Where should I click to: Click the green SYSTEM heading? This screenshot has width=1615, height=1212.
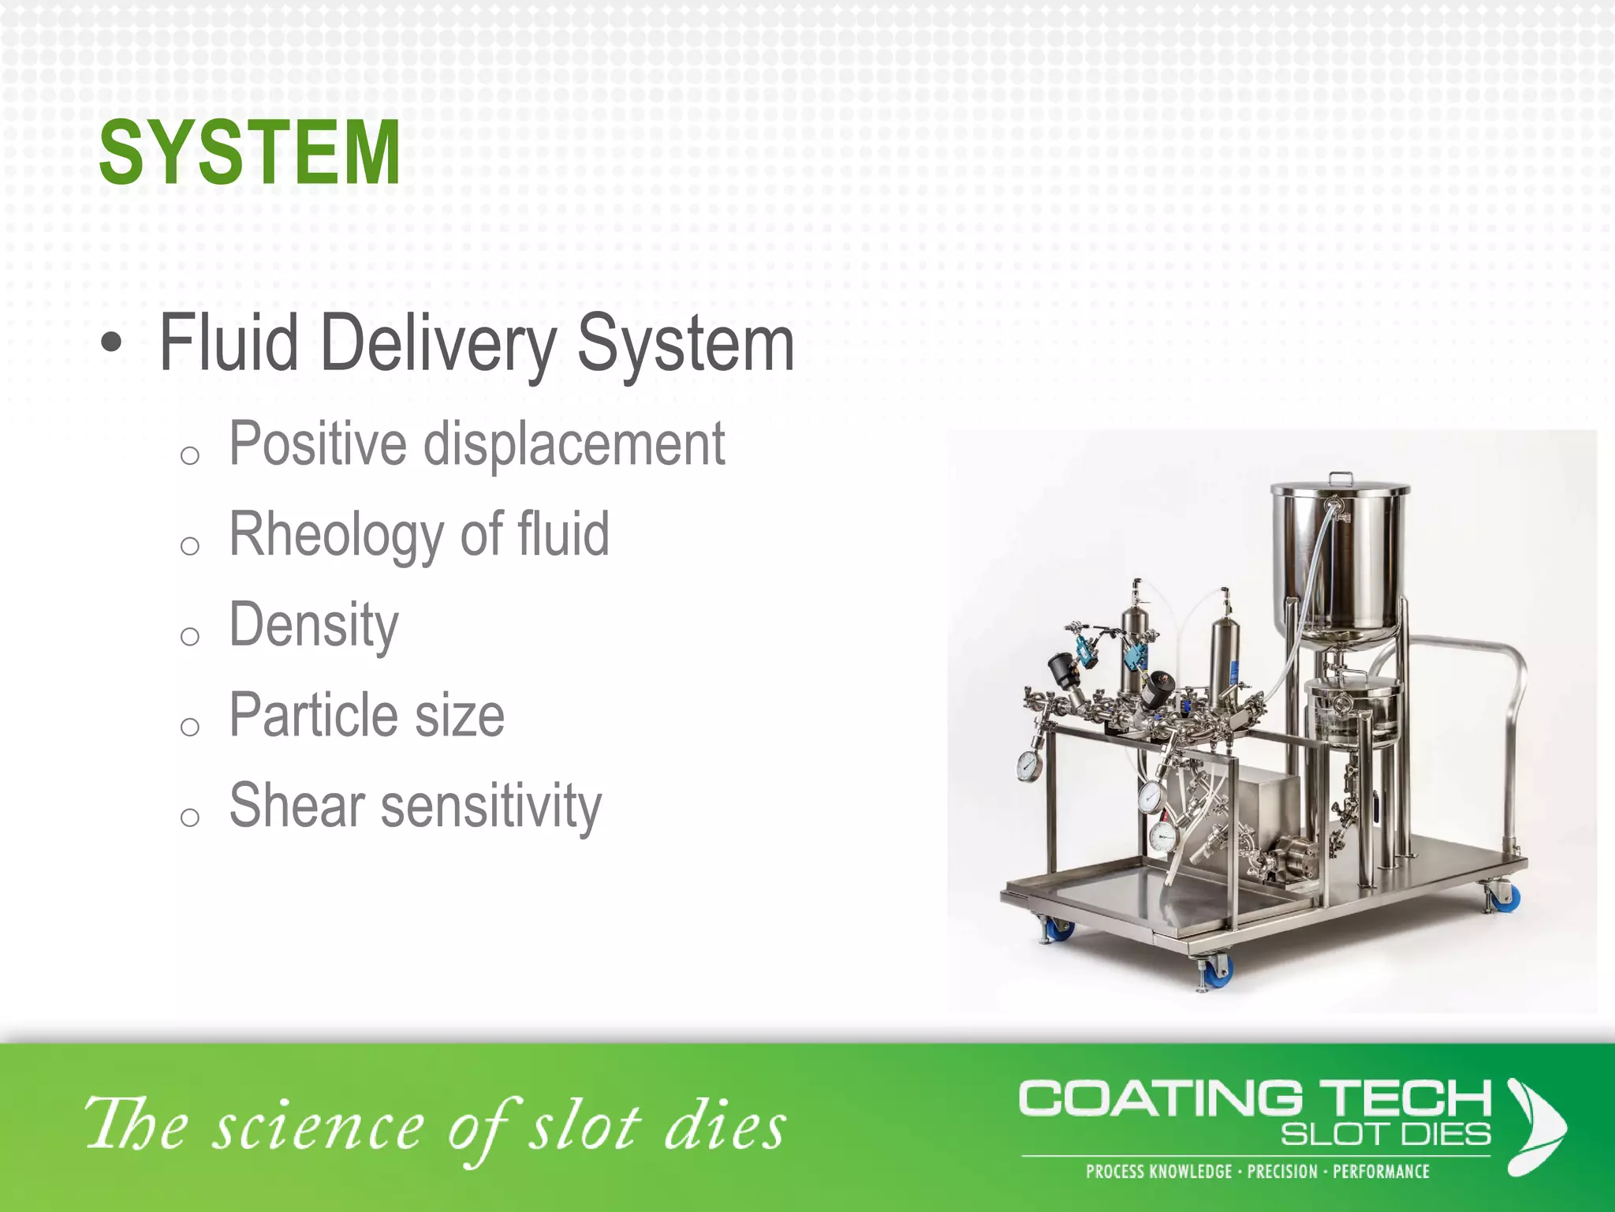coord(249,152)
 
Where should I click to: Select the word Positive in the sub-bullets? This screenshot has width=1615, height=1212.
coord(319,444)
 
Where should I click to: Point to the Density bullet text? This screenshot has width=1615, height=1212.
coord(314,625)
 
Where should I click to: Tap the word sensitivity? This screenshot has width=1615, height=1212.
coord(491,807)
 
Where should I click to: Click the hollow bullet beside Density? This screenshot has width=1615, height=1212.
coord(189,636)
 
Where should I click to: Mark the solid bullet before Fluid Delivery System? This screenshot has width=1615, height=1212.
coord(112,343)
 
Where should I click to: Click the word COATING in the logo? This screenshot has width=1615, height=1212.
coord(1161,1098)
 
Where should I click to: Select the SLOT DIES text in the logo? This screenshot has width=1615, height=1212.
coord(1386,1135)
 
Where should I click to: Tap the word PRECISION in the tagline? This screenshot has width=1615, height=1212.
coord(1282,1172)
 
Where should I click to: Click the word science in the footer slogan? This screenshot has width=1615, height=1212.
coord(320,1127)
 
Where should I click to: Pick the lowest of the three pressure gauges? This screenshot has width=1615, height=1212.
coord(1162,837)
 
